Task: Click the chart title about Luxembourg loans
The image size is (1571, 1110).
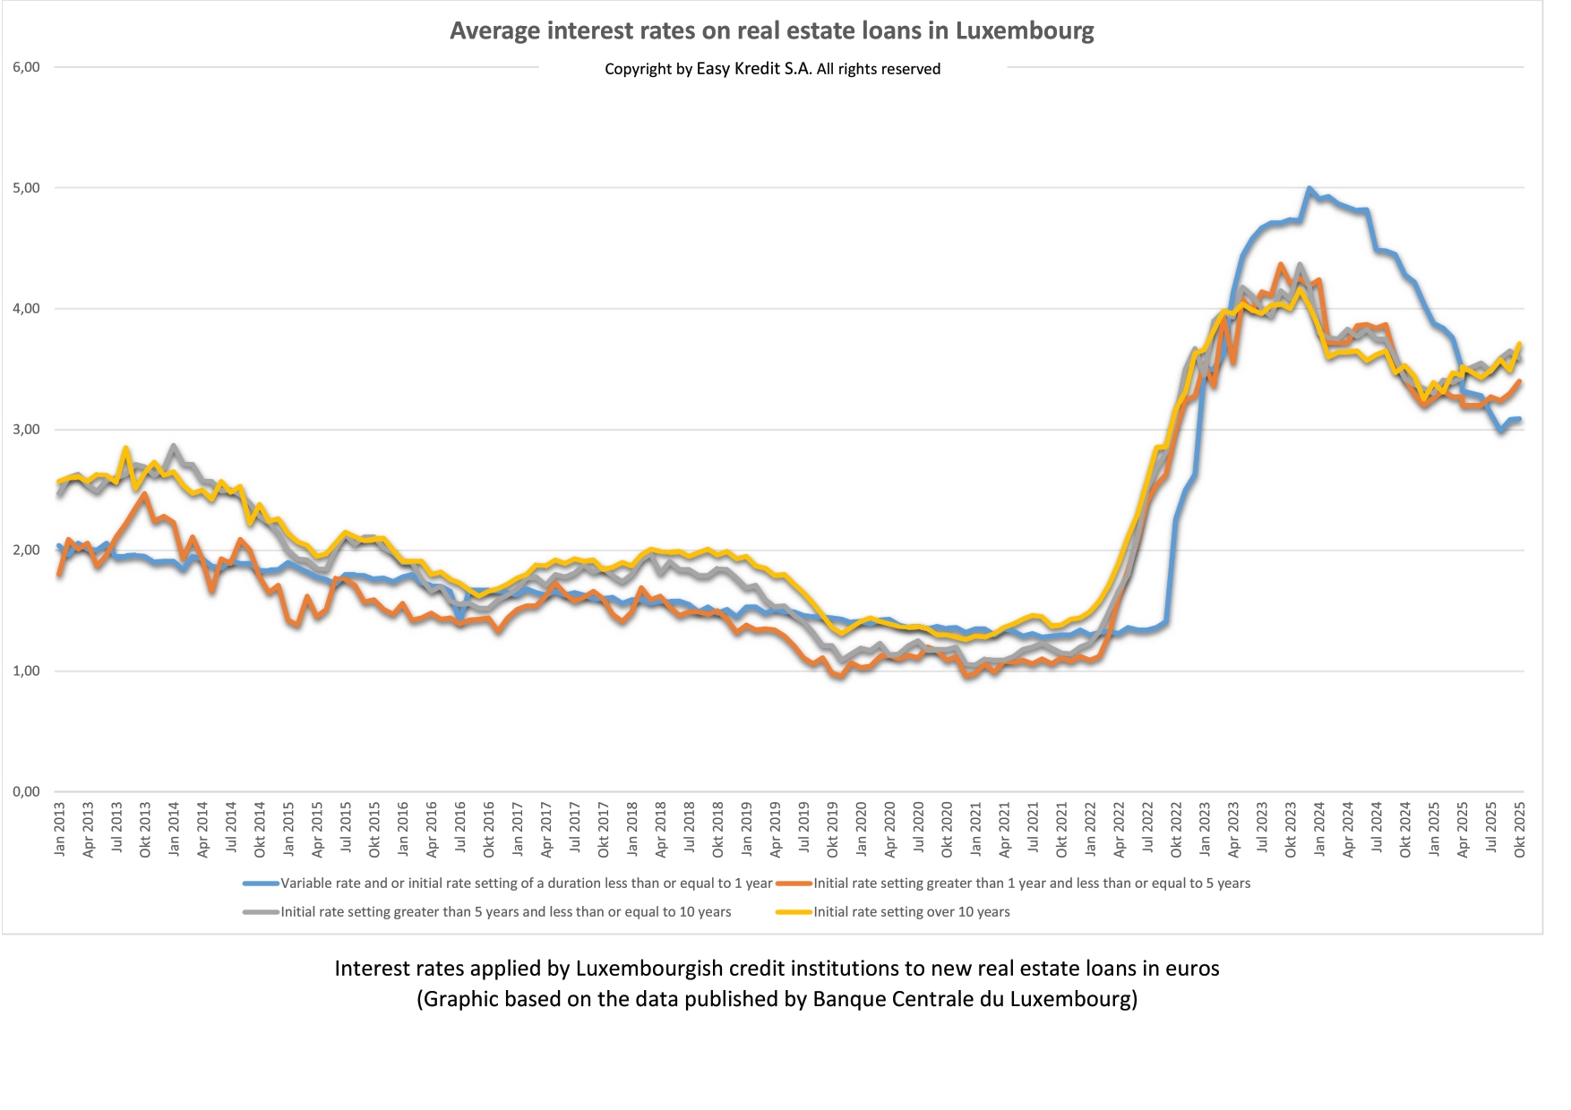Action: coord(771,31)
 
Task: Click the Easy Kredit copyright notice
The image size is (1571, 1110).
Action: coord(772,69)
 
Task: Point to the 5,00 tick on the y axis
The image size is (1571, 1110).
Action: coord(26,188)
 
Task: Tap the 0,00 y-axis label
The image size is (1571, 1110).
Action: coord(26,791)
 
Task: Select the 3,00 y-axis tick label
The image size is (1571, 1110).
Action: coord(26,430)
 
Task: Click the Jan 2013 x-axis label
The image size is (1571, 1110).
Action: coord(60,829)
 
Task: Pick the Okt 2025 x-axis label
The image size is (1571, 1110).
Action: coord(1519,829)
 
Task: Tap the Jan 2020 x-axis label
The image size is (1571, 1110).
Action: coord(861,829)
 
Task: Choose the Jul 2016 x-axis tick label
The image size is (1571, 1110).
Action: coord(460,829)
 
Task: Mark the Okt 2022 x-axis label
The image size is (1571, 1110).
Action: coord(1176,829)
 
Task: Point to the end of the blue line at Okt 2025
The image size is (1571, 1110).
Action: coord(1519,419)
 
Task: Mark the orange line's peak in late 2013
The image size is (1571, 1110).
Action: coord(144,494)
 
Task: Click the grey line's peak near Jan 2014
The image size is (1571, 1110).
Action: coord(173,446)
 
